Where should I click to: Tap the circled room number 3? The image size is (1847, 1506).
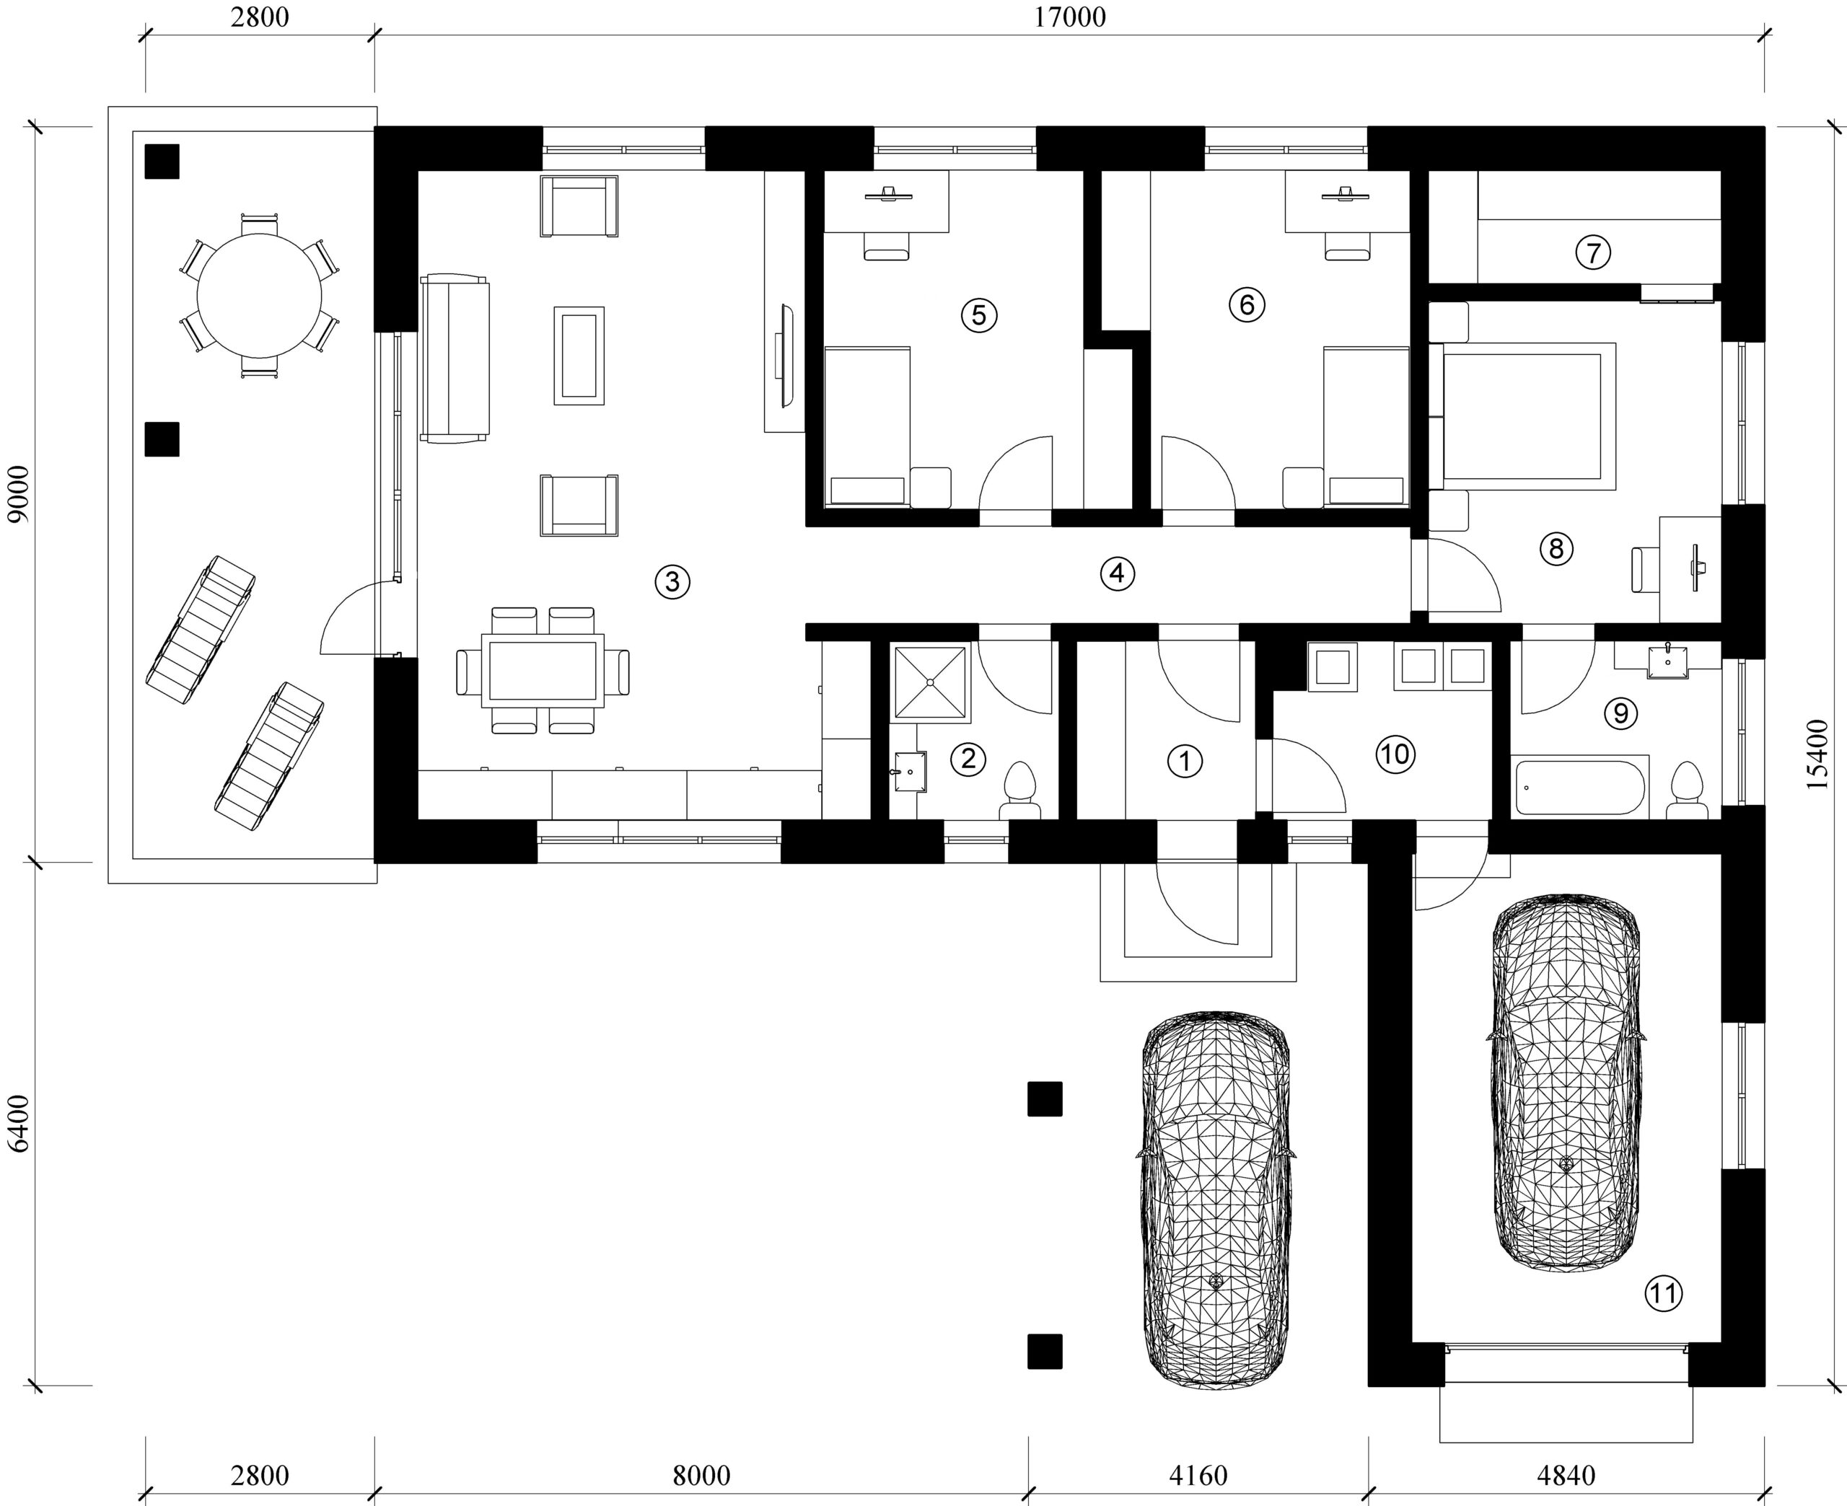(x=672, y=582)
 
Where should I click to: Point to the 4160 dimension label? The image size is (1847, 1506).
(x=1198, y=1475)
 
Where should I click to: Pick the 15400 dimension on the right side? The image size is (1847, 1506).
(x=1817, y=754)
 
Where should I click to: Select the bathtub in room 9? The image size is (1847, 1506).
(x=1581, y=788)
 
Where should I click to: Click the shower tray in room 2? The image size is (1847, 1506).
(x=929, y=683)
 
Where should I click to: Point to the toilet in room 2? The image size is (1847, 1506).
(x=1020, y=791)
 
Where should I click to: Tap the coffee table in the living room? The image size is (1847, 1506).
(x=579, y=355)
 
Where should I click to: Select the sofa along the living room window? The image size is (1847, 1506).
(x=455, y=359)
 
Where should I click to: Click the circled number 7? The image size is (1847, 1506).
(x=1593, y=252)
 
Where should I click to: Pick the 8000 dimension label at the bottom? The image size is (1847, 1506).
(x=701, y=1475)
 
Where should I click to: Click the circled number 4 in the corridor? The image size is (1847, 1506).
(x=1118, y=573)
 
